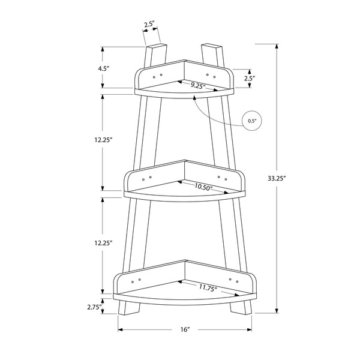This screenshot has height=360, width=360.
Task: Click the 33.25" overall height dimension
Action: [x=277, y=178]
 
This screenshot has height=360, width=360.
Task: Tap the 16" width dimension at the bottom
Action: [x=185, y=329]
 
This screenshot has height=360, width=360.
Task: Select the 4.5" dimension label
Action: [x=103, y=68]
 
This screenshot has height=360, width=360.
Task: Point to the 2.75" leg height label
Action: [x=95, y=307]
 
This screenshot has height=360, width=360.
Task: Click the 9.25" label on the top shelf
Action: [x=198, y=86]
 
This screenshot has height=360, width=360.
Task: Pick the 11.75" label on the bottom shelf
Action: [x=208, y=287]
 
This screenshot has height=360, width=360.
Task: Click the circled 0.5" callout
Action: [x=252, y=121]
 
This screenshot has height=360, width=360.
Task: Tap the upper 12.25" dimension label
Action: [x=103, y=140]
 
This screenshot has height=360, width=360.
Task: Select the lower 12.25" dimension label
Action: [x=103, y=242]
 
